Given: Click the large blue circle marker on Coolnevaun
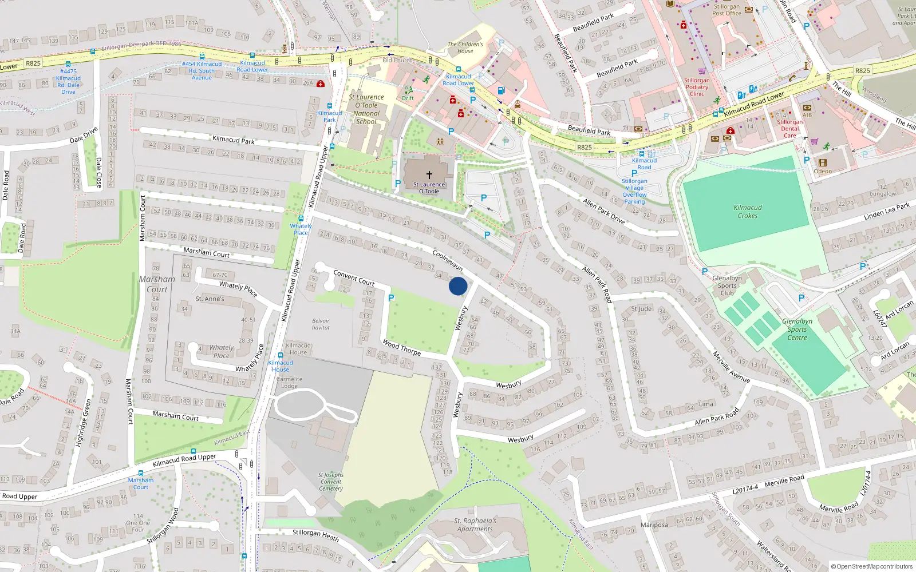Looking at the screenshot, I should click(x=457, y=286).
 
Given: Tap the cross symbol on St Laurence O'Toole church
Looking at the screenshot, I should click(x=429, y=175).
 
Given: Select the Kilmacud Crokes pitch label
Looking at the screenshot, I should click(x=748, y=212).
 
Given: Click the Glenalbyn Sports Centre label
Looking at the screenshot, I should click(x=797, y=329).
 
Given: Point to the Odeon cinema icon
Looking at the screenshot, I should click(x=823, y=163).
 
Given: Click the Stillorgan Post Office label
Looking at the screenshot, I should click(x=727, y=10).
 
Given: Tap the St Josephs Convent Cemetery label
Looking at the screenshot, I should click(x=331, y=482).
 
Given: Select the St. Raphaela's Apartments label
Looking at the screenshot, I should click(x=475, y=525).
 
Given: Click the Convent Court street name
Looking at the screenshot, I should click(x=354, y=278).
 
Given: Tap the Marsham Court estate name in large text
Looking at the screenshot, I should click(x=157, y=284).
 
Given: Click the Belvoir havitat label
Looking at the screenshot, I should click(x=321, y=324).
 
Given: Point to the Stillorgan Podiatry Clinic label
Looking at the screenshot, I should click(x=697, y=87).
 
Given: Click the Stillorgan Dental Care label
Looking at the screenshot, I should click(x=789, y=129).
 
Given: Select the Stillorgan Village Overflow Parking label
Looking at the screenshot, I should click(x=634, y=191).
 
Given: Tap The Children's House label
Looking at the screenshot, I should click(x=465, y=47).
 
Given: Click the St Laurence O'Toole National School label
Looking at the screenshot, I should click(x=366, y=109).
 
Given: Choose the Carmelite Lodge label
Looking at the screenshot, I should click(x=289, y=382).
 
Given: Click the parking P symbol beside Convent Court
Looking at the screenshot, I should click(x=391, y=298).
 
